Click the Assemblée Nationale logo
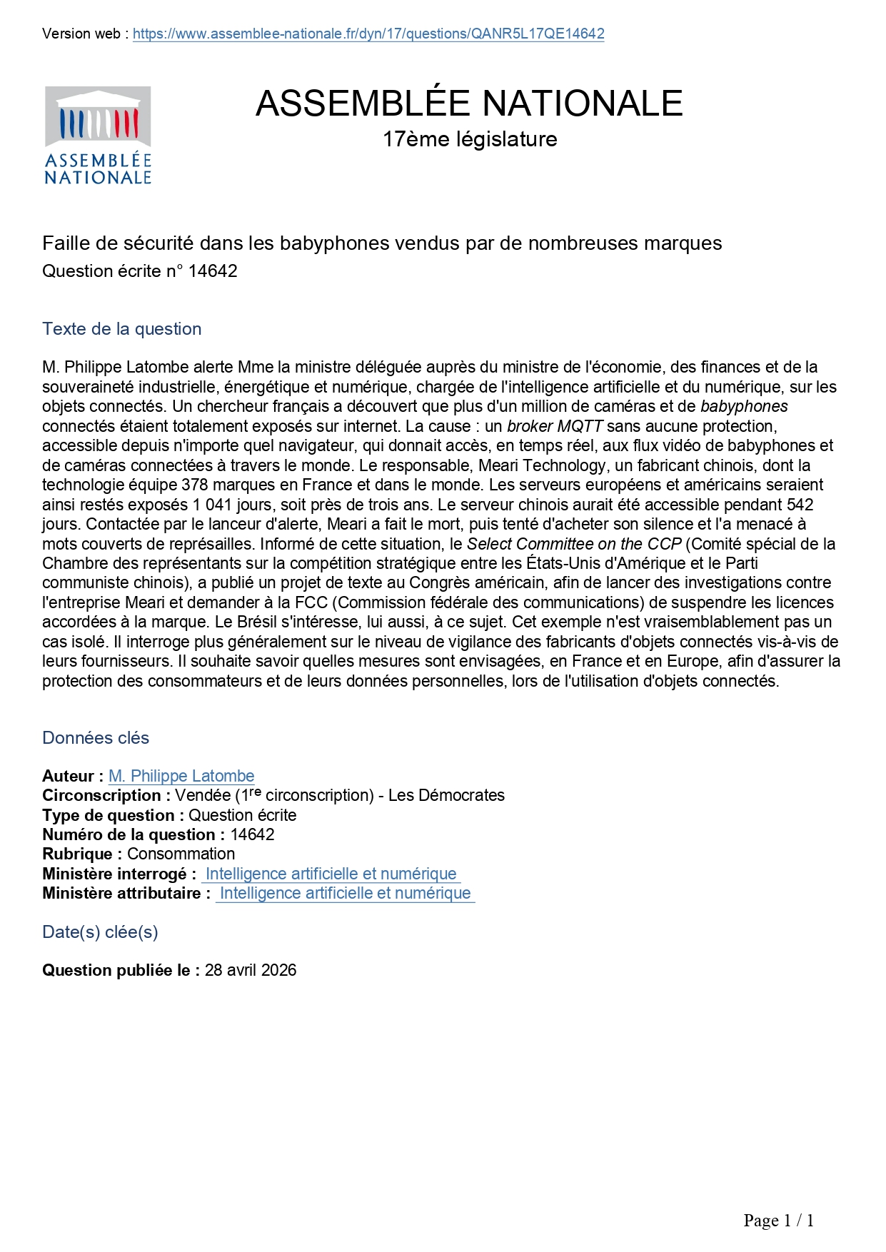click(x=98, y=136)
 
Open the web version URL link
click(x=368, y=34)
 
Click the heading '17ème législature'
click(x=469, y=138)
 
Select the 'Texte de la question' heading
click(x=122, y=329)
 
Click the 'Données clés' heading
click(x=96, y=738)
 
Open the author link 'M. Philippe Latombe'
click(x=181, y=776)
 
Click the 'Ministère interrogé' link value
click(x=331, y=874)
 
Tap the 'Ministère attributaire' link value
click(x=345, y=893)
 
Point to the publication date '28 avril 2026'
click(x=250, y=970)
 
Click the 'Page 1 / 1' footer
click(x=778, y=1221)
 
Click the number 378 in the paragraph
click(x=195, y=485)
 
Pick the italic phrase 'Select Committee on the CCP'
click(x=574, y=544)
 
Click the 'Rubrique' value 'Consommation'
click(x=181, y=854)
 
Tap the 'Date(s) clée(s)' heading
click(x=100, y=932)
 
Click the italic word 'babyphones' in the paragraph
click(x=744, y=407)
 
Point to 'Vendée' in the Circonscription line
click(x=203, y=795)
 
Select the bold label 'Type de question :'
click(x=113, y=815)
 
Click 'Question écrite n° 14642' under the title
click(x=140, y=271)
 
